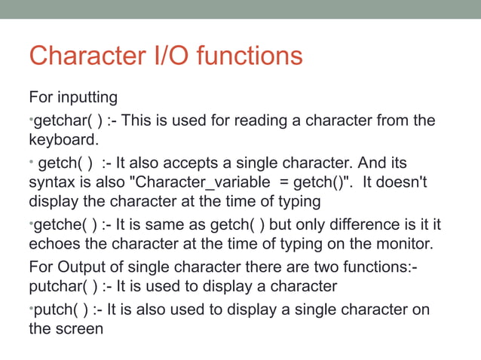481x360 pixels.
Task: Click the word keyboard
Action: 61,140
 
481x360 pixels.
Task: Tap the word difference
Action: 350,224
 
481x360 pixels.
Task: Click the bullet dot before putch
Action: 31,307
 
